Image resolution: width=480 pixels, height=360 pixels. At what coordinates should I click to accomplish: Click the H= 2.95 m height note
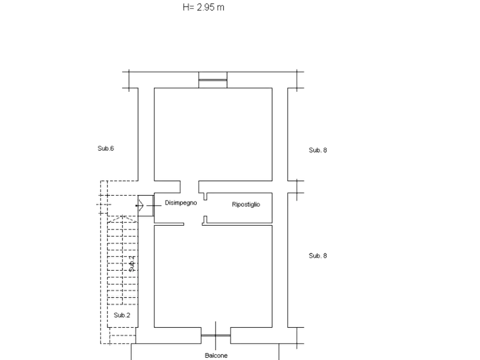point(203,7)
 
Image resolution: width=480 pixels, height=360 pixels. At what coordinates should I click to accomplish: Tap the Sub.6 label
point(105,148)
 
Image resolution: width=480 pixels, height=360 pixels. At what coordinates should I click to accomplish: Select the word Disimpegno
point(181,203)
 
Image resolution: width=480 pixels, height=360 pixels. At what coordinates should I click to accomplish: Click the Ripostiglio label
point(246,204)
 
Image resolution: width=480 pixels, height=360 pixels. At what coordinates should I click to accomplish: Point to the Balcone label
point(216,355)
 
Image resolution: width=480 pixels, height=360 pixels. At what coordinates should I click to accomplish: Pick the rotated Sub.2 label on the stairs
point(132,264)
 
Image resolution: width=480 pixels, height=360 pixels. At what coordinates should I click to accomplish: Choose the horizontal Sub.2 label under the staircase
point(122,315)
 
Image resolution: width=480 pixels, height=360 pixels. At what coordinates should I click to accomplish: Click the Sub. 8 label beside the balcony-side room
point(318,256)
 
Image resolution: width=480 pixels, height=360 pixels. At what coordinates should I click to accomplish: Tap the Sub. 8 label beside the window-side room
point(318,150)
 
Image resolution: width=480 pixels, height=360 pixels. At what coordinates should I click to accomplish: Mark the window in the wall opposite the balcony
point(213,80)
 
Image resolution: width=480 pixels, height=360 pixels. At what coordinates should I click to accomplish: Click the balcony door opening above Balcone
point(216,335)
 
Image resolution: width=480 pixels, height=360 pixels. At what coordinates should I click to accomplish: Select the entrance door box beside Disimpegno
point(146,206)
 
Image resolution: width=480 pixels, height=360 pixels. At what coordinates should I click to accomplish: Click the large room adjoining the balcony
point(213,276)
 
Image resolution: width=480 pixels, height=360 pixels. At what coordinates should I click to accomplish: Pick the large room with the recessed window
point(213,134)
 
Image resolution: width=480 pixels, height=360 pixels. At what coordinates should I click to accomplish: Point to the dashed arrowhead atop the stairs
point(123,219)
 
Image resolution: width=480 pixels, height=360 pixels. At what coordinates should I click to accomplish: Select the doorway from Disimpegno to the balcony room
point(193,225)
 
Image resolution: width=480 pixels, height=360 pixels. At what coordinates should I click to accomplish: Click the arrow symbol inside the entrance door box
point(140,205)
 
